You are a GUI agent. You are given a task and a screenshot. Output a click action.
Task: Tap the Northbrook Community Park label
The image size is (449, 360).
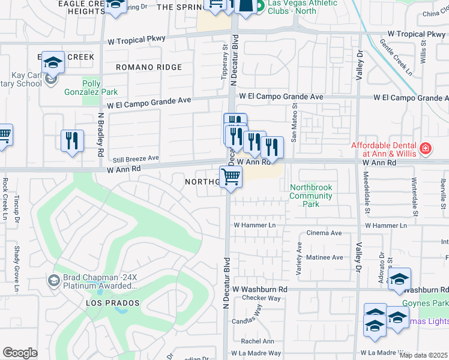click(310, 196)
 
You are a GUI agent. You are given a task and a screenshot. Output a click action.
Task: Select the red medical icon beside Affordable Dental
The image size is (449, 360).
click(426, 148)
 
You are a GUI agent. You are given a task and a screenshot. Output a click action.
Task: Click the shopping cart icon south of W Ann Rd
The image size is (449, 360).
click(231, 177)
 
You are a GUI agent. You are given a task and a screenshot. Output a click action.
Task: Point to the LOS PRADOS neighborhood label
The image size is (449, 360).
click(113, 303)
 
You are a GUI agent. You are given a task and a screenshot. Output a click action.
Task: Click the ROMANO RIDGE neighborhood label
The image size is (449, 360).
click(148, 67)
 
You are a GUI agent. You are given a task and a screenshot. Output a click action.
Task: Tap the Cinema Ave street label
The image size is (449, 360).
click(324, 233)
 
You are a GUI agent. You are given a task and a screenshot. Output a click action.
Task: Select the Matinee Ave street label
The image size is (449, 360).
click(325, 257)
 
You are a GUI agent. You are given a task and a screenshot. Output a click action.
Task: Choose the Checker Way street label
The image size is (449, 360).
click(261, 298)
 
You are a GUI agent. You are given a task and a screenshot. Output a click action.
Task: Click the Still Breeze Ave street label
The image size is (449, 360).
click(136, 158)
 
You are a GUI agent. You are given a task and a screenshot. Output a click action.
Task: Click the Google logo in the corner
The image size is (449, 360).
click(20, 353)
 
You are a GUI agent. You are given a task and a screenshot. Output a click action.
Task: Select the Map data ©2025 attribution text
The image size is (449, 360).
click(423, 355)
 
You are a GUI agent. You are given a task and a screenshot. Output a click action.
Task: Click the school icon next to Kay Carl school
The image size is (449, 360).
click(53, 63)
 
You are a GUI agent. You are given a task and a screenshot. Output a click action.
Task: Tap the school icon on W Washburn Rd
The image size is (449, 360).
click(399, 279)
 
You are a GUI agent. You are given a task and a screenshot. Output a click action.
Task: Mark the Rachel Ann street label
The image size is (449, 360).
click(257, 341)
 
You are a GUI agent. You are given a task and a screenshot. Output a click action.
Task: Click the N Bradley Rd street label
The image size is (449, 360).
click(100, 133)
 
